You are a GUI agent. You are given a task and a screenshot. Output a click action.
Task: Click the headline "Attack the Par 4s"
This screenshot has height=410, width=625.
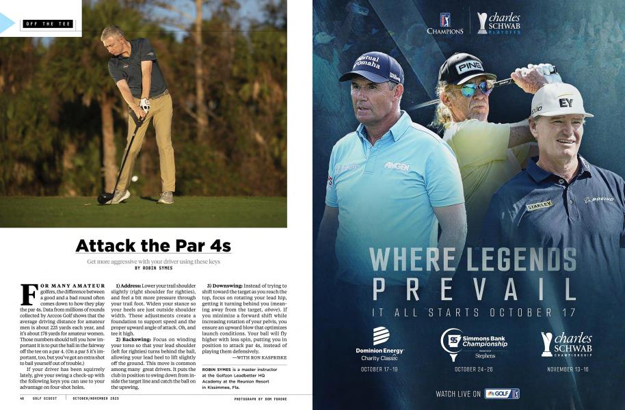coord(153,245)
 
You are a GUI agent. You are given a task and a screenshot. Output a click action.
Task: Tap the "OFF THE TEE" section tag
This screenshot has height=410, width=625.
coord(48,24)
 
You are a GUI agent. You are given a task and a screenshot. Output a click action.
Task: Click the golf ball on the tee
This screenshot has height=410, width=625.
coord(133,178)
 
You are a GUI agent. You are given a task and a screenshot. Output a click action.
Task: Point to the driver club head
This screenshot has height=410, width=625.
coord(105,198)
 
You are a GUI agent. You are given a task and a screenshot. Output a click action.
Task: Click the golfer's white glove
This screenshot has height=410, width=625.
coord(144,105)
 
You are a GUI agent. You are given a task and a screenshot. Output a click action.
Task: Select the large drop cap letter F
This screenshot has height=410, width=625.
coord(29,294)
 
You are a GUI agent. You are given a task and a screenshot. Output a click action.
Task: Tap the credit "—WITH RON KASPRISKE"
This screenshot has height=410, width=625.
coord(258,357)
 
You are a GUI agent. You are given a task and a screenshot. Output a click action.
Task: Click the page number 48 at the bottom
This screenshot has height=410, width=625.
coord(23,398)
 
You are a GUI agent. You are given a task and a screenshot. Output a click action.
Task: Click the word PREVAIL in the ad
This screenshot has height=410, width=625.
coord(468,287)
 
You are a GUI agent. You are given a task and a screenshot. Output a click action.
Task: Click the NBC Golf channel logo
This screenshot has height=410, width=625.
coord(502,394)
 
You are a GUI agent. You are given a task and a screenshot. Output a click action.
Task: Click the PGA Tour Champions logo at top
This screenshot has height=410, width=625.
coord(445,23)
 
